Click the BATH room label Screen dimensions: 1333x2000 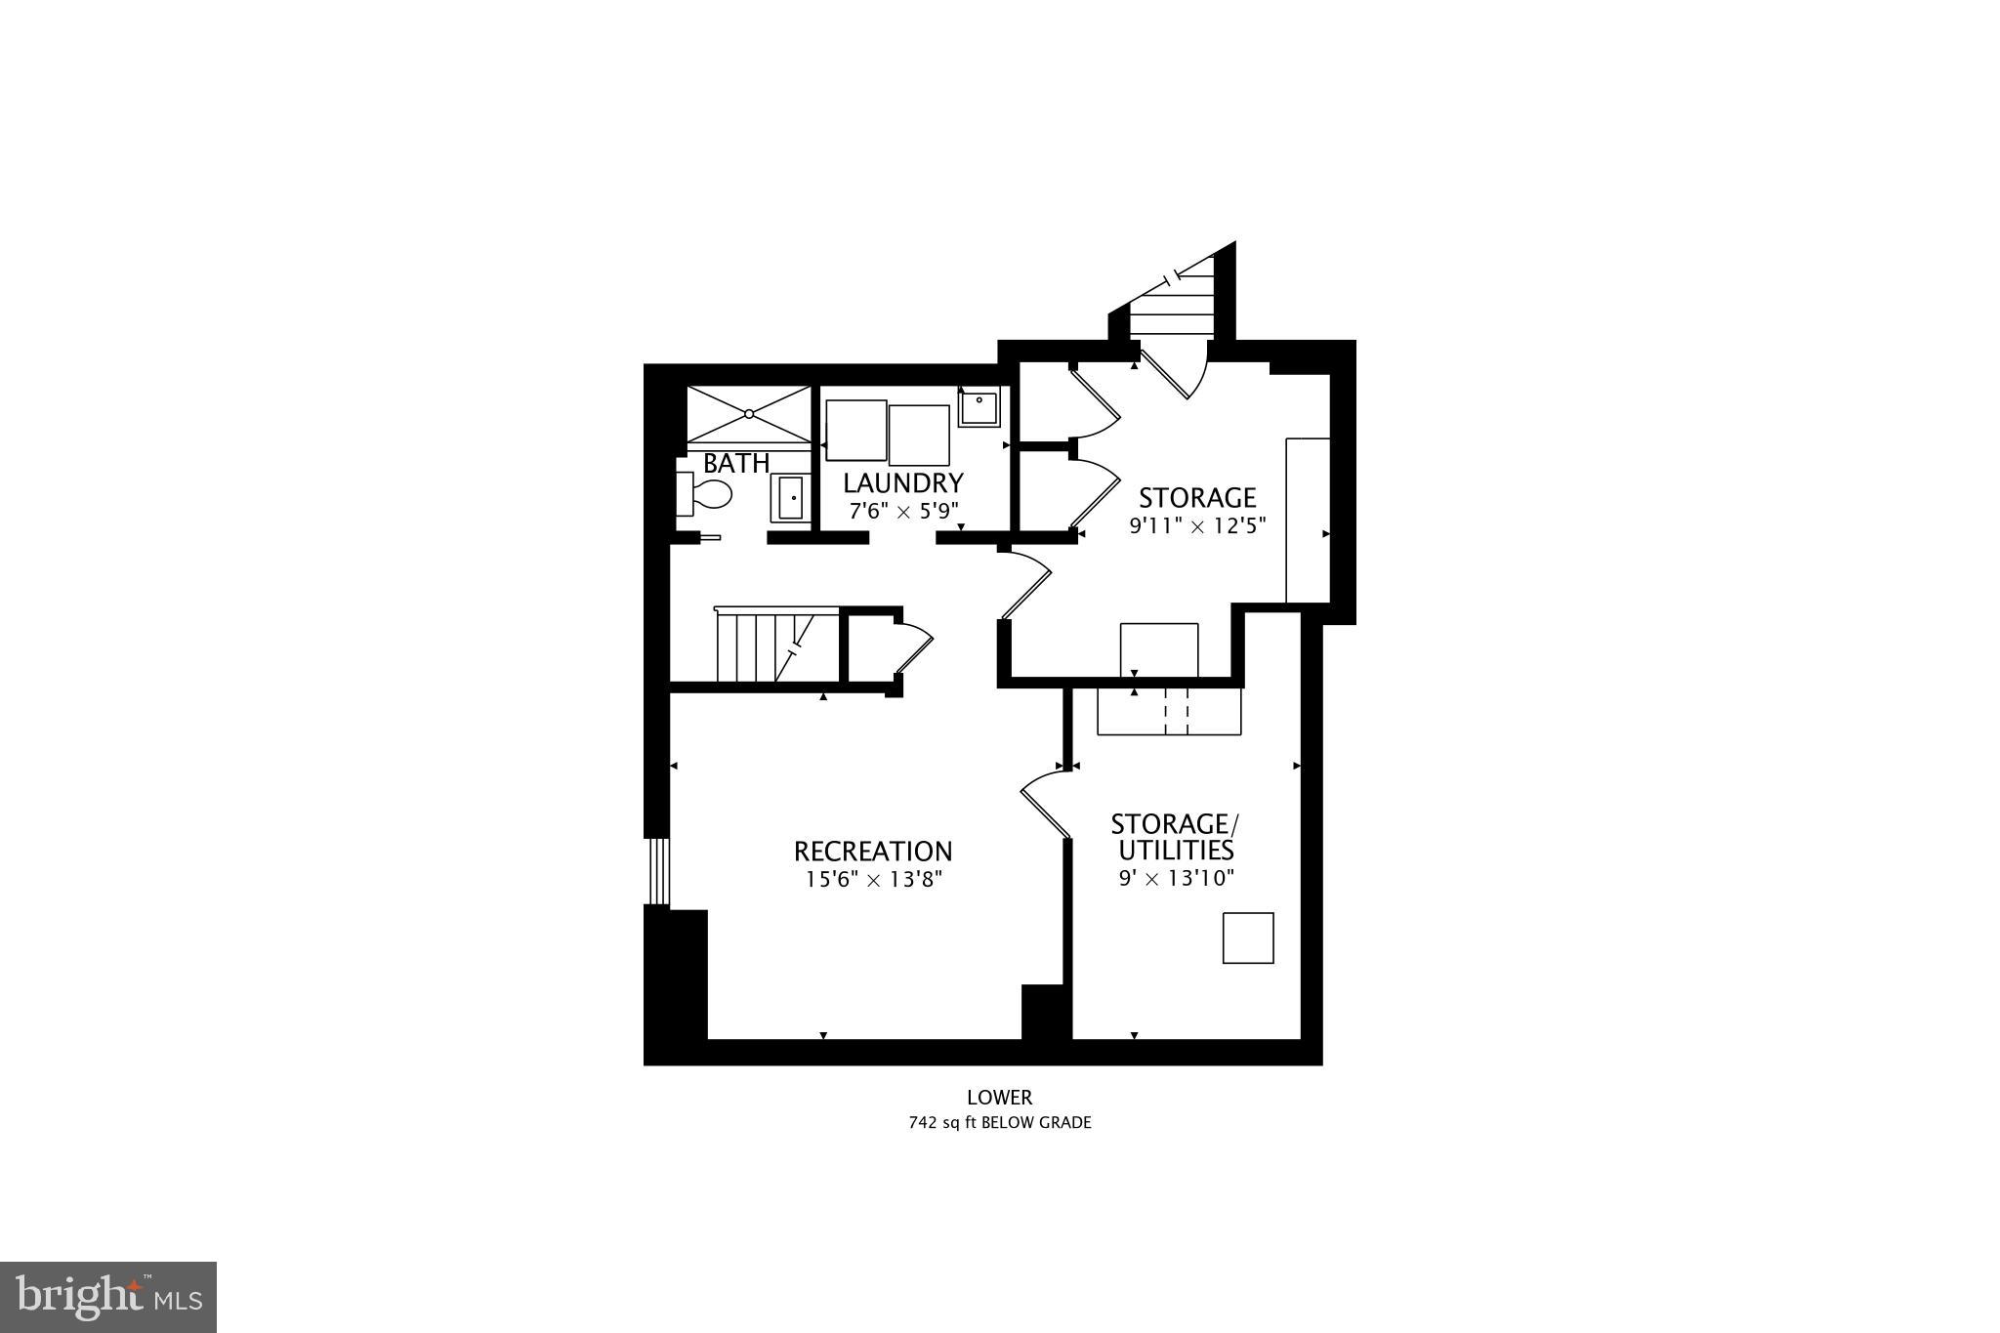(736, 463)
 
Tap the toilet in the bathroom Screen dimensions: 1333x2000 (705, 494)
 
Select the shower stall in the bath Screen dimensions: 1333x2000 (749, 414)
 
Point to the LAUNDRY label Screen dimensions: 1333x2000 (903, 483)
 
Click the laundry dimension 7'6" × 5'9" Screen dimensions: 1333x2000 (903, 510)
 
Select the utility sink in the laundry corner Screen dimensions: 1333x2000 (979, 406)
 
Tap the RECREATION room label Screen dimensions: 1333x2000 (873, 852)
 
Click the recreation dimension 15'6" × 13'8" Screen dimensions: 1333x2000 (873, 880)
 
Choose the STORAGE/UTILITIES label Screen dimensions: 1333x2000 (1172, 836)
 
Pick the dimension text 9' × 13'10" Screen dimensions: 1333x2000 (1177, 878)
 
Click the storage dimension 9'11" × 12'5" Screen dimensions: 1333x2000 (1197, 525)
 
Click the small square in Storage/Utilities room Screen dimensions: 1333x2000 (1248, 937)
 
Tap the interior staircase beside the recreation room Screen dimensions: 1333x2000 (776, 647)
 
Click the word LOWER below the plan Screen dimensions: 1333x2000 (999, 1098)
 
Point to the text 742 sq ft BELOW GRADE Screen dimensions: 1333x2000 (999, 1123)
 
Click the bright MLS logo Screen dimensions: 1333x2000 (108, 1297)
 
